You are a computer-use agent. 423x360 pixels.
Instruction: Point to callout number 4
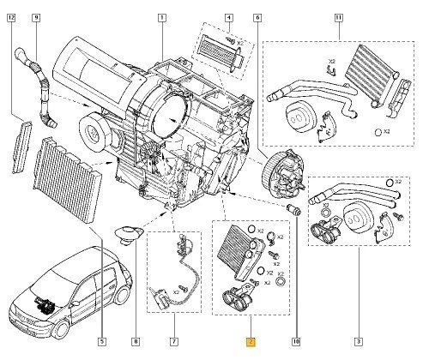pos(227,18)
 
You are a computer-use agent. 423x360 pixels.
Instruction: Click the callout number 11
pos(338,18)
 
